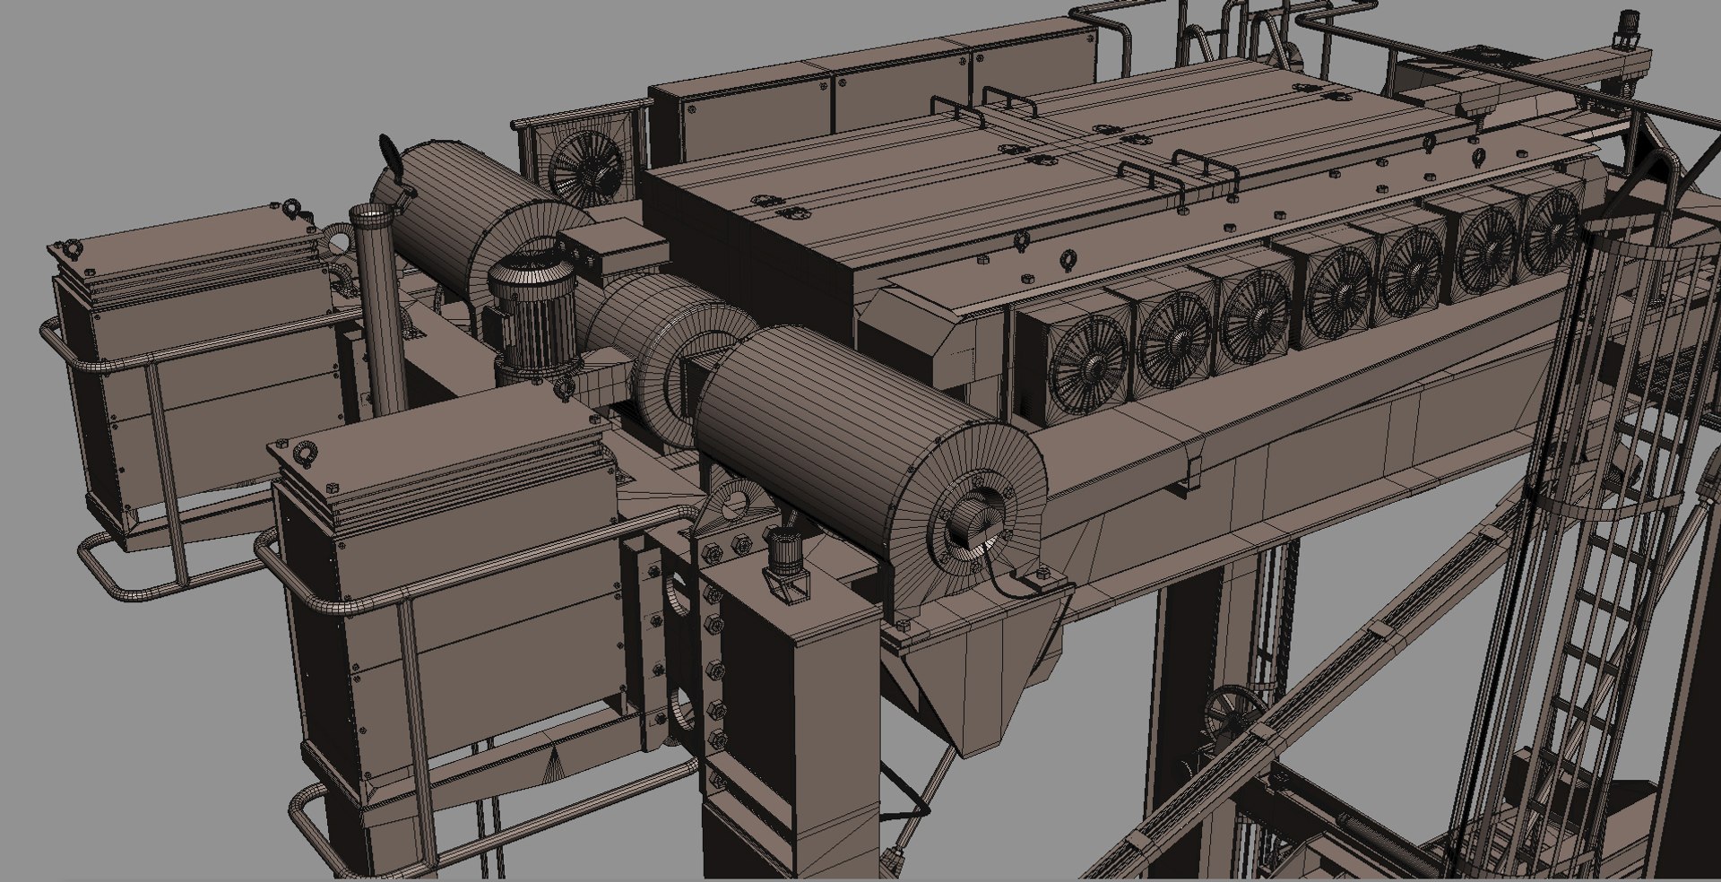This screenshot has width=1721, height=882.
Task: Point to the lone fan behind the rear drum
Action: pyautogui.click(x=584, y=168)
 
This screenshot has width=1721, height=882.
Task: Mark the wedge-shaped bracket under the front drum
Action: pyautogui.click(x=986, y=681)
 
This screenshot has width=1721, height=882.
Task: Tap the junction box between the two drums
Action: pyautogui.click(x=605, y=246)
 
